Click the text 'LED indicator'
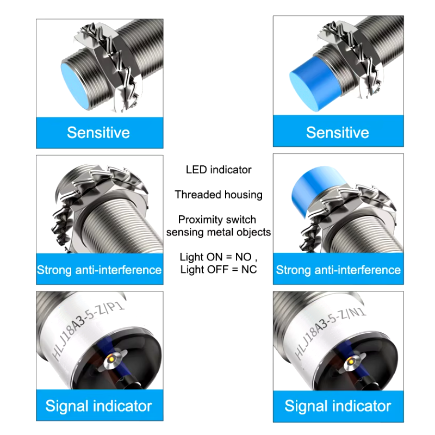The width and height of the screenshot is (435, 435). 219,170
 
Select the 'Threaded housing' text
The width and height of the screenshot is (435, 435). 219,195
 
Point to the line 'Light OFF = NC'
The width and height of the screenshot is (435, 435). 219,269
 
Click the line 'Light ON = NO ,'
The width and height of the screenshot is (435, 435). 219,257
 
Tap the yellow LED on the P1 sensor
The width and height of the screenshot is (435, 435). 111,359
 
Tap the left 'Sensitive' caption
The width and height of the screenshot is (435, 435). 98,132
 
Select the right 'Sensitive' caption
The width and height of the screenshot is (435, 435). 338,132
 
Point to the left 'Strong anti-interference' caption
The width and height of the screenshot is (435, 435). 100,270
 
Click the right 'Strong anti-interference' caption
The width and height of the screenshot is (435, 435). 338,270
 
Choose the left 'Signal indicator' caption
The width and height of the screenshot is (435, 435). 99,406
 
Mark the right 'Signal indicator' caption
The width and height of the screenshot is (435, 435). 338,406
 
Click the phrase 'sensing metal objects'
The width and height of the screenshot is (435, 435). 219,232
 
